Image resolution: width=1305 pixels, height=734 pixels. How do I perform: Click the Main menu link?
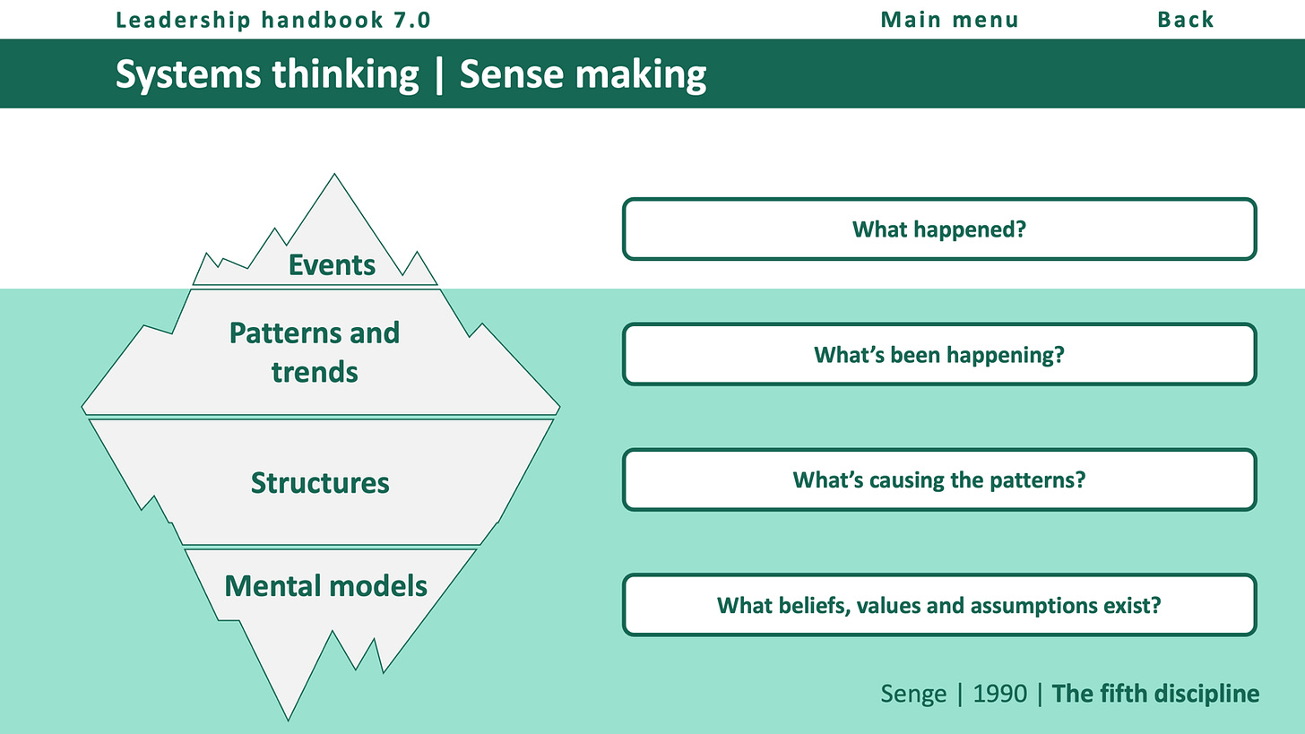coord(949,20)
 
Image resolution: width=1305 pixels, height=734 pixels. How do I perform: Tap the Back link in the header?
coord(1186,20)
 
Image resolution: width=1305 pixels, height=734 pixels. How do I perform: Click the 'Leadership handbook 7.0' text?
coord(273,20)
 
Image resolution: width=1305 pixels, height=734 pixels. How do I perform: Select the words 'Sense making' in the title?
coord(583,75)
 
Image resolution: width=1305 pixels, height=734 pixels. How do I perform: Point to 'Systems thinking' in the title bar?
coord(267,75)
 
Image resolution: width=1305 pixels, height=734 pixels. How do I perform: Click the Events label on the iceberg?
coord(332,265)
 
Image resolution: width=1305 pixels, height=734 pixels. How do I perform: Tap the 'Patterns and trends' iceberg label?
coord(315,351)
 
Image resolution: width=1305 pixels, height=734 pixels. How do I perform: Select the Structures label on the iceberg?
coord(320,483)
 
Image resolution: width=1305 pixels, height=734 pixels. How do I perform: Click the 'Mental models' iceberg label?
coord(325,586)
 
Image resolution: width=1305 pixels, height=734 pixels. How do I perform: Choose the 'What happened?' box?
coord(939,229)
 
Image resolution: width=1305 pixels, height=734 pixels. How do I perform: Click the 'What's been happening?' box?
coord(939,355)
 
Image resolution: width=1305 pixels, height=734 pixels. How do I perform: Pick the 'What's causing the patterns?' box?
coord(939,480)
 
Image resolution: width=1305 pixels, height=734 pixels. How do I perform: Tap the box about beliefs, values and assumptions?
coord(939,606)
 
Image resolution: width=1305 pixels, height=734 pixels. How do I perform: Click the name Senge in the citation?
coord(912,694)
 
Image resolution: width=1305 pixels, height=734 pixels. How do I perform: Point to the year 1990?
coord(1000,694)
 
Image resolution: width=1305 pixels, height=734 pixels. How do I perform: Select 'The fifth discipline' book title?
coord(1155,694)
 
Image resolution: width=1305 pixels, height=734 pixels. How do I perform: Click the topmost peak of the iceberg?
coord(335,176)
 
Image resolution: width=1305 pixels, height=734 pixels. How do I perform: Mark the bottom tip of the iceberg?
coord(288,718)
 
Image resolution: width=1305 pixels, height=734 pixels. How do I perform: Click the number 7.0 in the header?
coord(413,20)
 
